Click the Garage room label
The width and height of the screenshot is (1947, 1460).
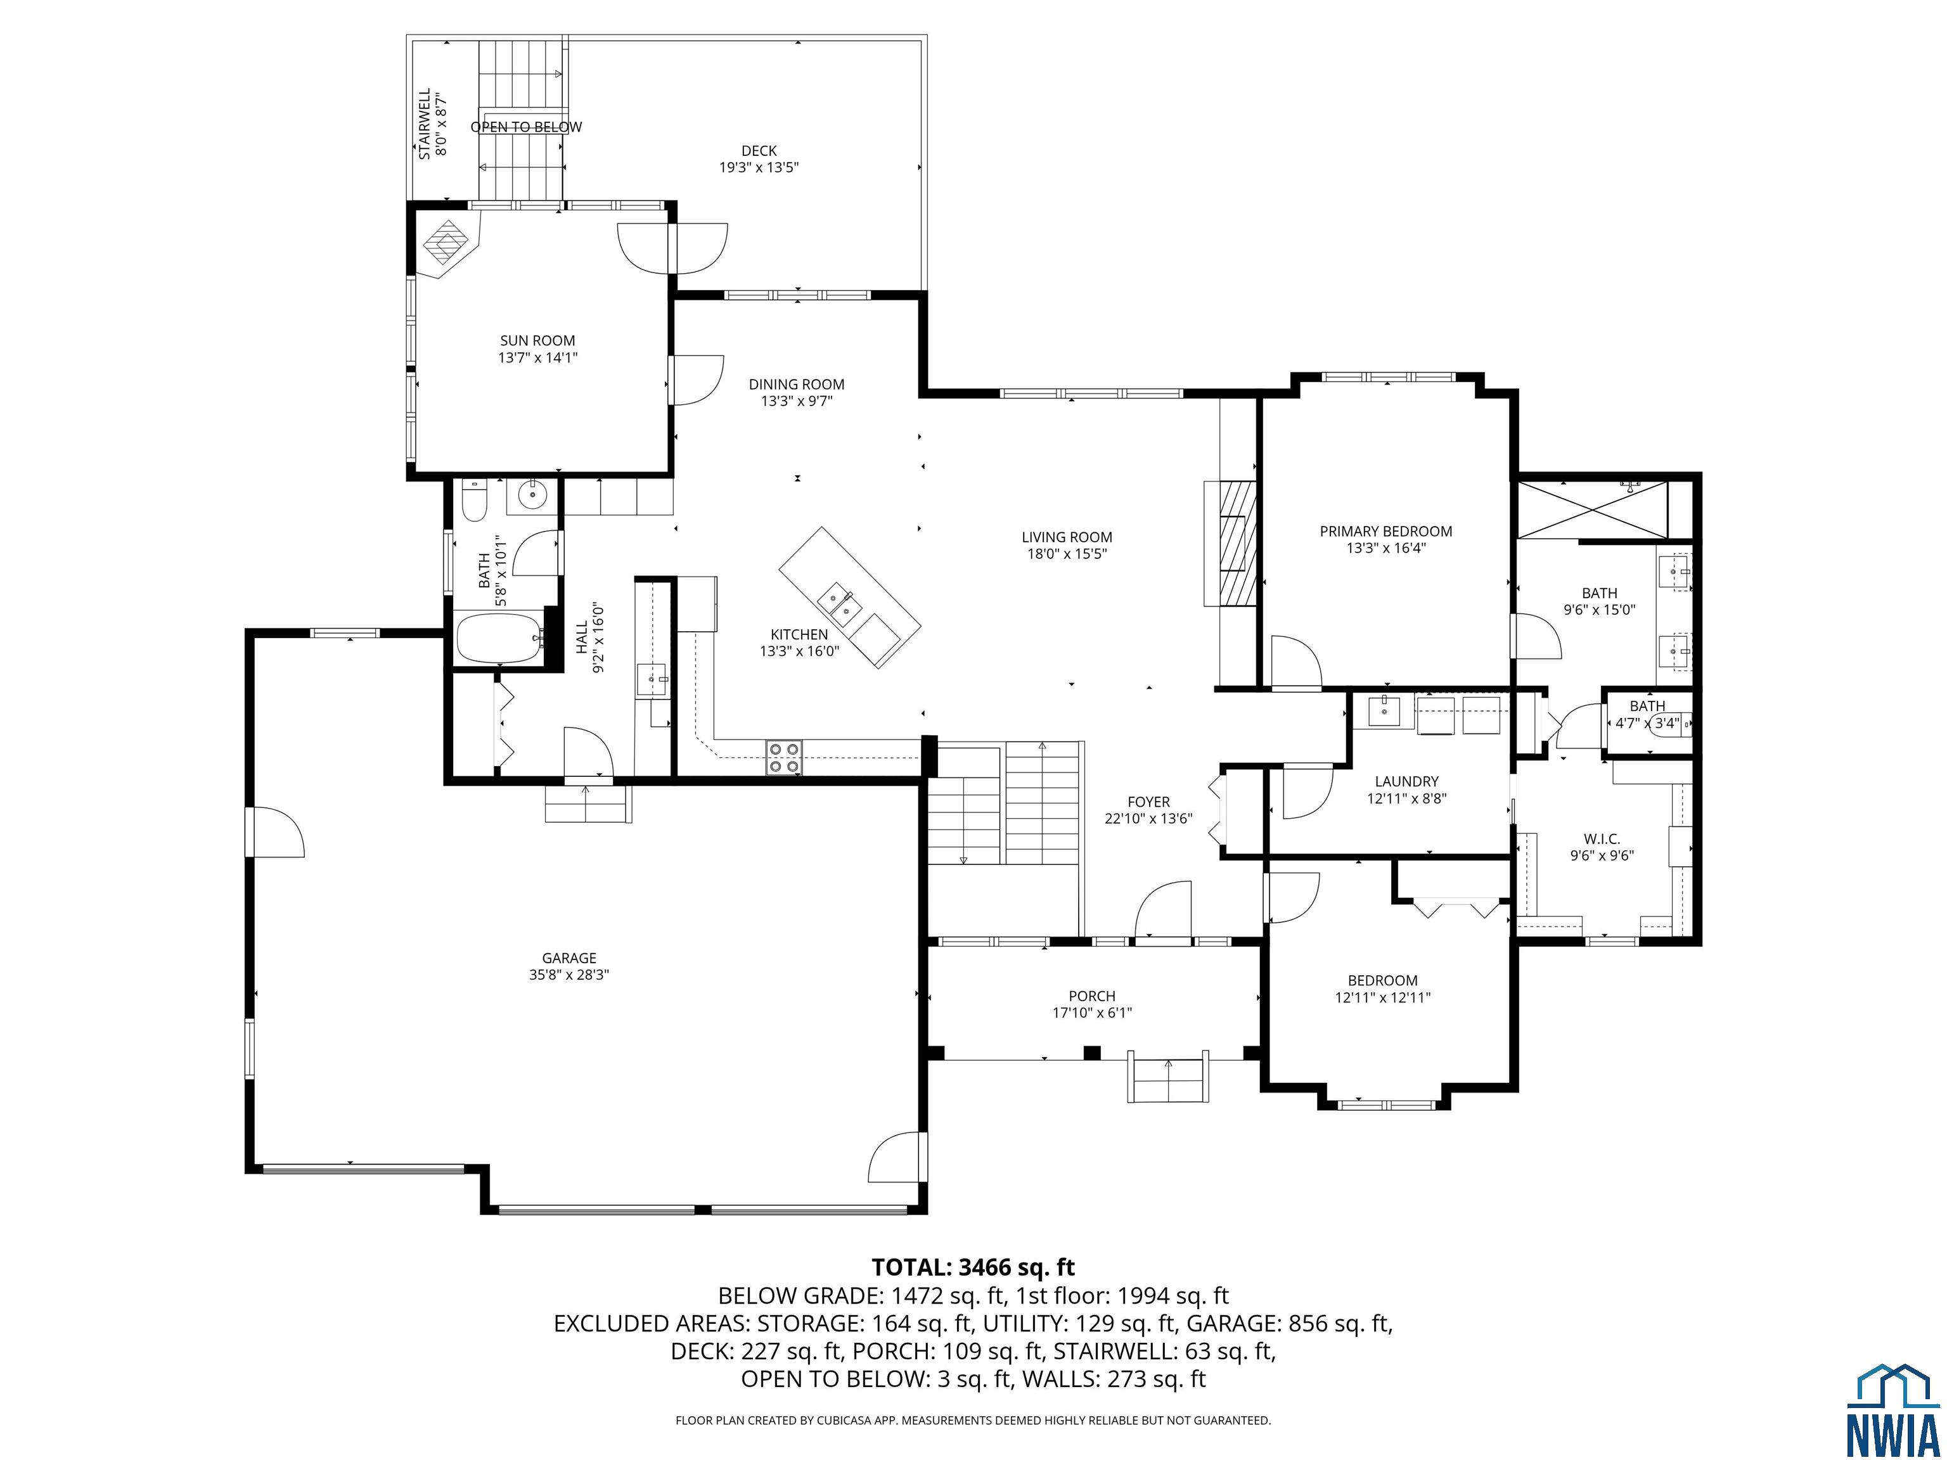click(569, 957)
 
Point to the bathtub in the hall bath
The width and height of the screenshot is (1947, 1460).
click(499, 639)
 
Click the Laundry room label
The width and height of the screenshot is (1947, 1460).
click(1406, 781)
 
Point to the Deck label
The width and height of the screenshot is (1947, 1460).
click(758, 150)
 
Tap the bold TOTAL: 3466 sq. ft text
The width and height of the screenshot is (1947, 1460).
click(973, 1267)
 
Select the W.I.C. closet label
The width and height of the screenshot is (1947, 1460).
click(1601, 839)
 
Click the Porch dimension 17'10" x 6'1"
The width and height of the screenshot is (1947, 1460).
click(1091, 1012)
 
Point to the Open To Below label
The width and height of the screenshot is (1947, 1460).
click(525, 127)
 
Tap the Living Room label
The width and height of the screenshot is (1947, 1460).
click(1066, 537)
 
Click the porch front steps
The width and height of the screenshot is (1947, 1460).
click(1168, 1080)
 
